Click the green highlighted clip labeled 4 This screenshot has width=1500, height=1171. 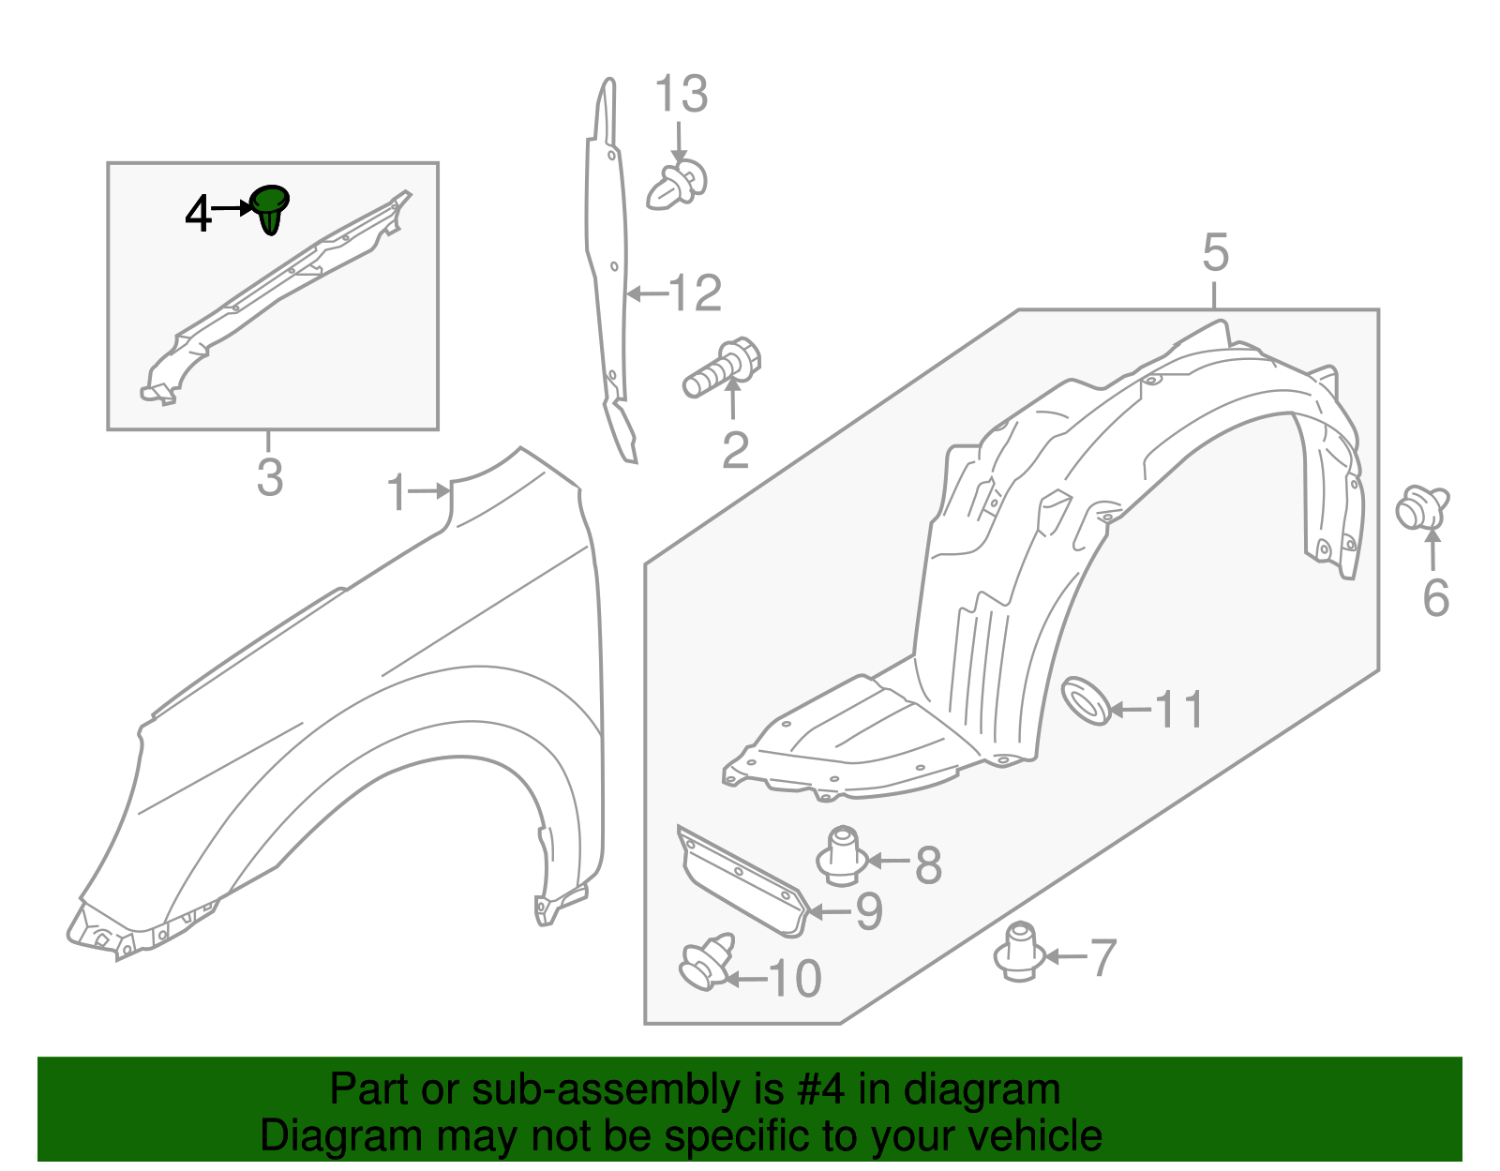269,208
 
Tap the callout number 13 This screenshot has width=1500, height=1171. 681,95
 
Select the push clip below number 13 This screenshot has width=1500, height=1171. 676,185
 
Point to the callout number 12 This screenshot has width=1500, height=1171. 695,293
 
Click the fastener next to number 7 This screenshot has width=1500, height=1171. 1020,952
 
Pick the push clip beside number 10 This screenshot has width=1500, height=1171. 707,962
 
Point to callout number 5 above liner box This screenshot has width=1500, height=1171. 1215,253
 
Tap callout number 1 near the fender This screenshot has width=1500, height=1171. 398,492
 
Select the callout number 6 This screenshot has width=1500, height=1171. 1435,598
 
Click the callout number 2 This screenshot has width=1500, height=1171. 735,451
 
